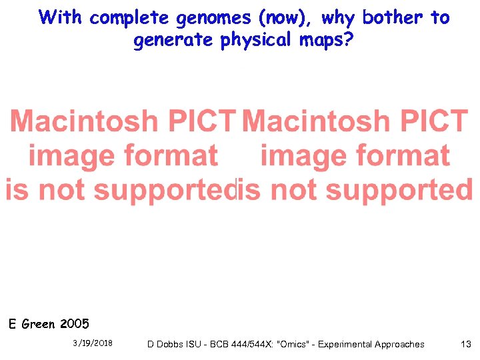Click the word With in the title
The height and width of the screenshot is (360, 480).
pyautogui.click(x=61, y=17)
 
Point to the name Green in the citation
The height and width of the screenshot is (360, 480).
pyautogui.click(x=39, y=325)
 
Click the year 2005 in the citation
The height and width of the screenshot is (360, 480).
pyautogui.click(x=74, y=325)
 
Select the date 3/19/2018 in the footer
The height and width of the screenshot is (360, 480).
pyautogui.click(x=93, y=343)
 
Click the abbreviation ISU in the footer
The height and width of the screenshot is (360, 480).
pyautogui.click(x=198, y=344)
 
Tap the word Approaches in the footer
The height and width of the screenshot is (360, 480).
pyautogui.click(x=399, y=344)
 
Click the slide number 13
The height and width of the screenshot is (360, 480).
pyautogui.click(x=466, y=344)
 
